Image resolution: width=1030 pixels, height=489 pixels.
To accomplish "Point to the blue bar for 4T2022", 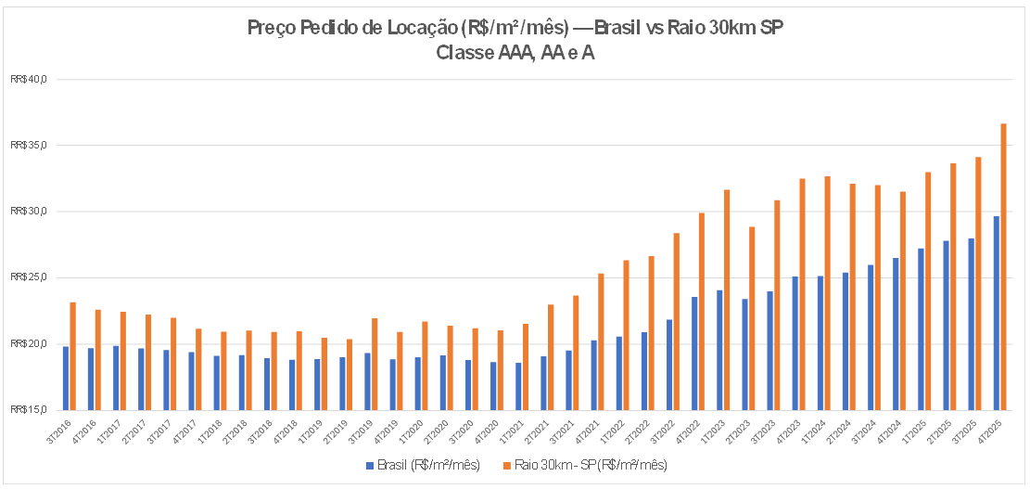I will pos(694,353).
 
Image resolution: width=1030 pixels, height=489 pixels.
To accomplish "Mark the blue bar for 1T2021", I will pos(517,386).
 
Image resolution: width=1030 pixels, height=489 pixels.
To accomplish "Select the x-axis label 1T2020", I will pos(417,428).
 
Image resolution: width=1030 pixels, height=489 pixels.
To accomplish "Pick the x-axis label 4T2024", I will pos(895,428).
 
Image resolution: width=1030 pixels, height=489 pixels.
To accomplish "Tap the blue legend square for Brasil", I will pos(369,464).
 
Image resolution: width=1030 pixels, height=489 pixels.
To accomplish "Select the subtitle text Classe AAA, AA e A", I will pos(515,53).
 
